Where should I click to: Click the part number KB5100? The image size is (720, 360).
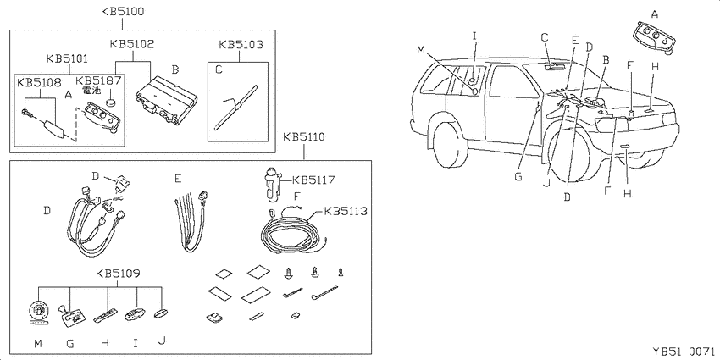click(123, 12)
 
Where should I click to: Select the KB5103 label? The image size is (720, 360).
click(241, 45)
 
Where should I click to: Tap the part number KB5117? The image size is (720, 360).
click(313, 180)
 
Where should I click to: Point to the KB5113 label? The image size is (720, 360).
click(346, 211)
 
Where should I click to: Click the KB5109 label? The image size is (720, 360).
click(118, 274)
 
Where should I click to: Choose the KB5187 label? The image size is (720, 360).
click(99, 81)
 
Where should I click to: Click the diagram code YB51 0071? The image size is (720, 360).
click(684, 352)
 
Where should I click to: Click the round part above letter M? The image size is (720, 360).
click(38, 314)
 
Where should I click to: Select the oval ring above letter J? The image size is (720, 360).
click(161, 313)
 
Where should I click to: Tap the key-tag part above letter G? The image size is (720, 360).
click(72, 315)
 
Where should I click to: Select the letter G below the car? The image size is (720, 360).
click(518, 177)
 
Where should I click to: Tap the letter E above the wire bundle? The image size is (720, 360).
click(575, 40)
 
